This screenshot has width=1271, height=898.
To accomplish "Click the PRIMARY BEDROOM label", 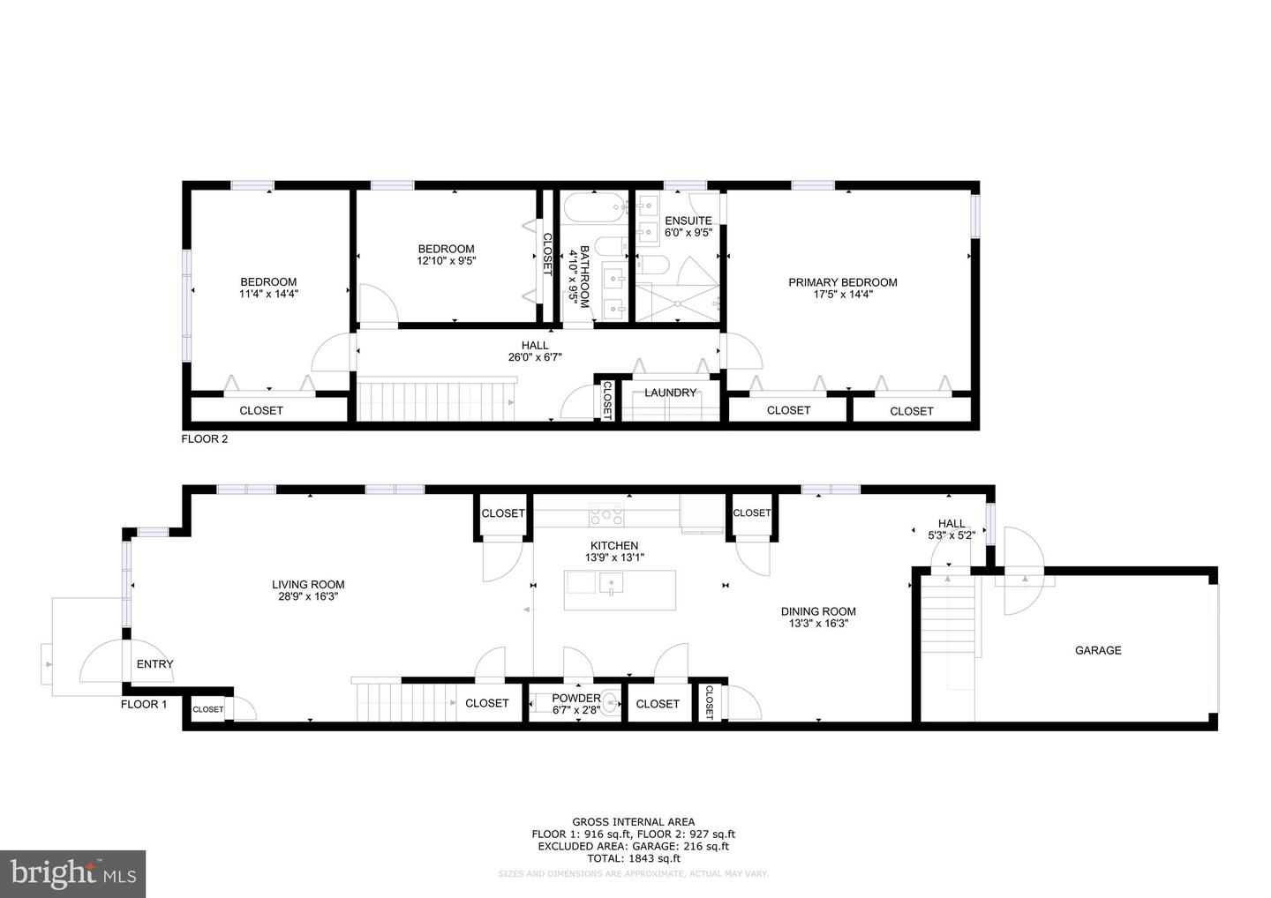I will (842, 282).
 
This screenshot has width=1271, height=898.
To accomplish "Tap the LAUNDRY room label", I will (670, 393).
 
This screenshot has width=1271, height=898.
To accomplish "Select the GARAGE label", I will (1098, 650).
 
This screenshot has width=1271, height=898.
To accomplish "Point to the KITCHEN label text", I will (613, 546).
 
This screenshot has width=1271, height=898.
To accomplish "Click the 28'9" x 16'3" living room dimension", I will (307, 596).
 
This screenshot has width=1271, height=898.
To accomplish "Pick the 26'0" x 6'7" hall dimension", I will (535, 357).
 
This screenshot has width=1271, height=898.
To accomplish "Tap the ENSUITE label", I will (688, 221).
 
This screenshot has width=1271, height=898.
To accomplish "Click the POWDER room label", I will (576, 698).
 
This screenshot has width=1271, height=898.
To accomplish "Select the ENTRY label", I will (154, 664).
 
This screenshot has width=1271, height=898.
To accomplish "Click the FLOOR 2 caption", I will (205, 438).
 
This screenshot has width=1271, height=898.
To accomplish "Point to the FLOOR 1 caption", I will (144, 704).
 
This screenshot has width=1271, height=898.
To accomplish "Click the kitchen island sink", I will (611, 583).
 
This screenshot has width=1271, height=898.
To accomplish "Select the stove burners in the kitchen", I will (606, 513).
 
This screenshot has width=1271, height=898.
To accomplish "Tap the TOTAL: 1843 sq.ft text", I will (633, 858).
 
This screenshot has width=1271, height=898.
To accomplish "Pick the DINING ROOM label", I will (818, 611).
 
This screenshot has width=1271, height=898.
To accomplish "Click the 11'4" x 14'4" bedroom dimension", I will (268, 294).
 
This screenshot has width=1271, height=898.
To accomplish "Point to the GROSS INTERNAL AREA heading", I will (633, 822).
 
